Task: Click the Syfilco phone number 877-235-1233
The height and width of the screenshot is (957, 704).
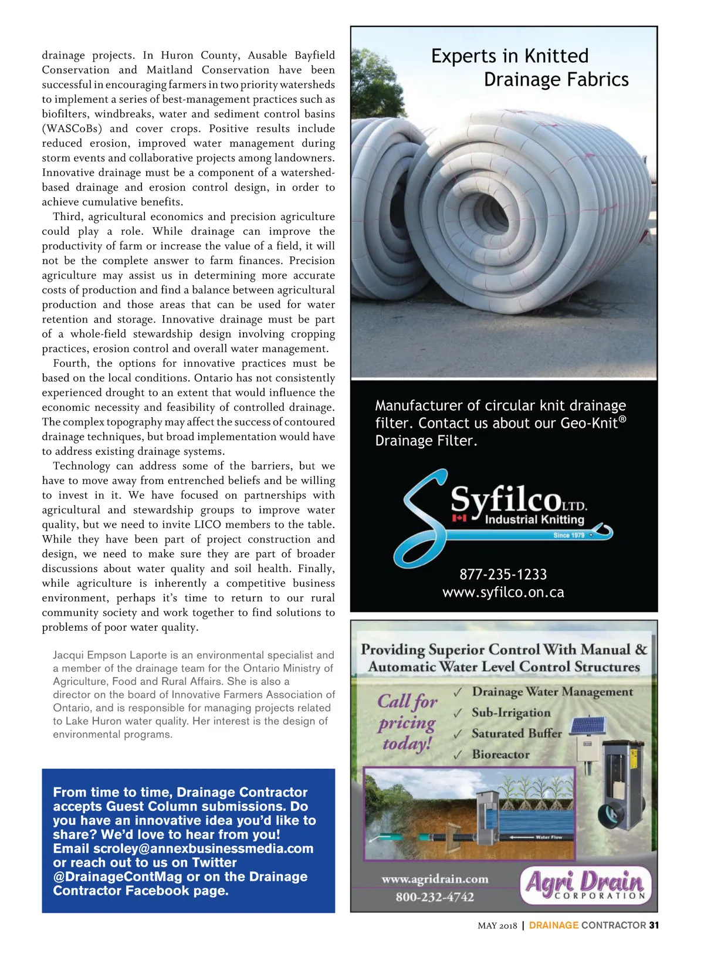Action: click(503, 574)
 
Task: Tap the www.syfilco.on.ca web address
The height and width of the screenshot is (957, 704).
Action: click(503, 593)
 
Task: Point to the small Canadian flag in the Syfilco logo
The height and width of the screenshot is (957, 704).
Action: click(459, 518)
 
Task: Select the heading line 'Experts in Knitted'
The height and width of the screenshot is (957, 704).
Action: click(509, 56)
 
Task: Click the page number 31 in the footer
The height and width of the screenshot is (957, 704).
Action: click(654, 925)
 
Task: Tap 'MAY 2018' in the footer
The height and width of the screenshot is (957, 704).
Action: click(497, 926)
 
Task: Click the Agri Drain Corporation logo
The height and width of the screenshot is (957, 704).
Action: click(585, 884)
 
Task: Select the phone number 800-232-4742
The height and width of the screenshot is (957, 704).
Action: click(434, 897)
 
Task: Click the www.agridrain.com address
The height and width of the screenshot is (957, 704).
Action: click(434, 879)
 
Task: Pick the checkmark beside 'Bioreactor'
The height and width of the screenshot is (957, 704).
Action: click(458, 755)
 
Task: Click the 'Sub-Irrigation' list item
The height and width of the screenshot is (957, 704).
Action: click(510, 713)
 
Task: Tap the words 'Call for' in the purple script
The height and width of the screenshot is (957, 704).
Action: click(407, 702)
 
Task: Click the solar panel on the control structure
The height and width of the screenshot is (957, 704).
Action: click(587, 726)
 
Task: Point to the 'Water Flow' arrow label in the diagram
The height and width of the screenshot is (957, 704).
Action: click(548, 837)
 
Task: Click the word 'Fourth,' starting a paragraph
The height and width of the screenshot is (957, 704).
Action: click(71, 363)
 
